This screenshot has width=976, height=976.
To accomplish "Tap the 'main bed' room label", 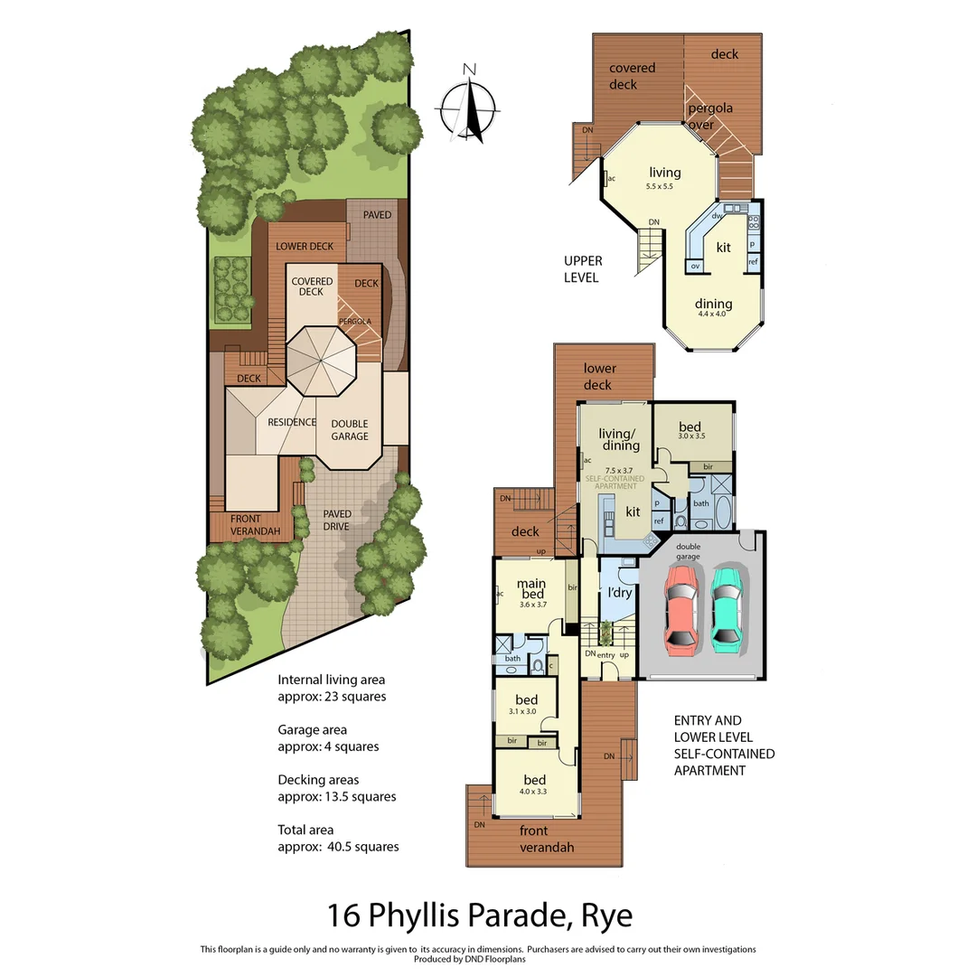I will point(532,588).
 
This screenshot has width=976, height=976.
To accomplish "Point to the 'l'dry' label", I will point(619,593).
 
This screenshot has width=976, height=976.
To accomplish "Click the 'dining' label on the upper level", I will point(713,304).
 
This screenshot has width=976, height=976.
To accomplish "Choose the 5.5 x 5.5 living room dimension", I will point(660,186).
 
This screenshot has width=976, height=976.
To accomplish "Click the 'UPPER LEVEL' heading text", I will point(583,269).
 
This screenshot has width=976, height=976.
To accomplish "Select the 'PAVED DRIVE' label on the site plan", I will point(337,521).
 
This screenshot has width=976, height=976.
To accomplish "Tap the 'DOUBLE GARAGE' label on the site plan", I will point(350,429).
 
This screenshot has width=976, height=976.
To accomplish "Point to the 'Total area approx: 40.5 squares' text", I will point(338,838).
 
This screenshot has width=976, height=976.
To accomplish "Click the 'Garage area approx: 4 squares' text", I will point(327,737).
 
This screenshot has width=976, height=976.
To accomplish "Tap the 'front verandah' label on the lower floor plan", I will point(546,839).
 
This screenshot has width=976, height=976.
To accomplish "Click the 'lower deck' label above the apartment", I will point(599,376).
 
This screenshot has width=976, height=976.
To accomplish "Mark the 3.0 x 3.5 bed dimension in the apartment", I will point(691,436).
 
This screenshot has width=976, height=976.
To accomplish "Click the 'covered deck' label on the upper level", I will point(632,76).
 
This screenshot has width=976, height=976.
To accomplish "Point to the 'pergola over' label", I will point(709,117).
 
